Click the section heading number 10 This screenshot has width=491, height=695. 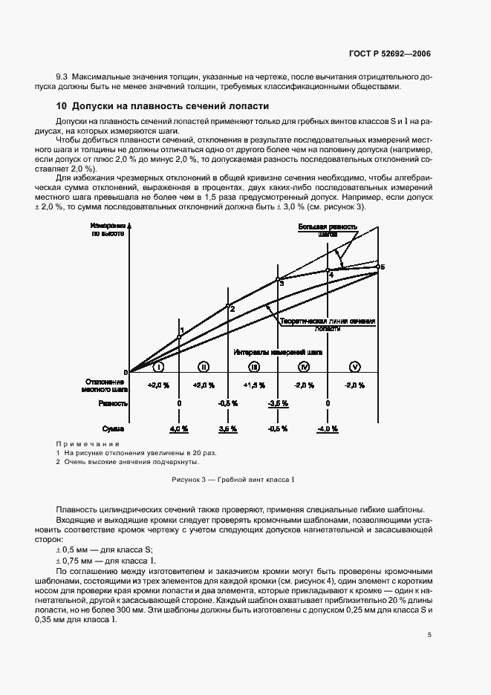(x=62, y=106)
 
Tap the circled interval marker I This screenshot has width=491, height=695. (x=157, y=367)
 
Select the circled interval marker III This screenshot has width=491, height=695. (x=253, y=367)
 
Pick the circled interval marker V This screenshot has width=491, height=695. (x=354, y=367)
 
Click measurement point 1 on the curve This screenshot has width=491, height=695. (x=179, y=337)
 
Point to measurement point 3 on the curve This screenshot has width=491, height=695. (x=278, y=279)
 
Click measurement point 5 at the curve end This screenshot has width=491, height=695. (x=377, y=267)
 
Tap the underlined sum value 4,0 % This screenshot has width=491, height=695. (x=179, y=429)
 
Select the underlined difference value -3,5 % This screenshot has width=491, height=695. (x=278, y=403)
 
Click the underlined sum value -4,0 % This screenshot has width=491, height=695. (x=328, y=429)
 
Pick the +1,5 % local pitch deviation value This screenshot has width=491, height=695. (x=253, y=385)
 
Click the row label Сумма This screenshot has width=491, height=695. (x=114, y=429)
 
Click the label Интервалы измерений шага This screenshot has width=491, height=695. (x=277, y=351)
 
